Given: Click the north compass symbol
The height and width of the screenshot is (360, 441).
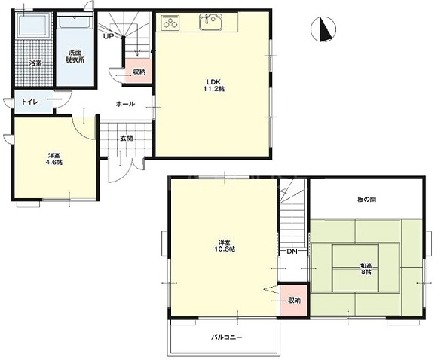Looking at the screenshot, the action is point(323,29).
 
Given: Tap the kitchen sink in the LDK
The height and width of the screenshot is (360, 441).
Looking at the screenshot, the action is point(211,22).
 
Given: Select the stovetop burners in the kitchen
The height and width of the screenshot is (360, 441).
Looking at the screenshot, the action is point(170,22).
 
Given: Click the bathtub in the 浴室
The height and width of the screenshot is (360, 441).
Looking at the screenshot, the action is point(33,25).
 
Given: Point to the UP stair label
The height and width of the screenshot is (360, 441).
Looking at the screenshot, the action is point(109,36).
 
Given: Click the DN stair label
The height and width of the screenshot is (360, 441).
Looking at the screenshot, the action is point(292,252).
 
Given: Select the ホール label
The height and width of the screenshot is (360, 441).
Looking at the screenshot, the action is point(125,104).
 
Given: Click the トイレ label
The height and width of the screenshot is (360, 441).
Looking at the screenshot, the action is point(30,102).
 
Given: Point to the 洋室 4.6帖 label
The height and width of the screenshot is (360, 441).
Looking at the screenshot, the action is point(55,159).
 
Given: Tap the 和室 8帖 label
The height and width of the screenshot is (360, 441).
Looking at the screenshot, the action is point(366,268).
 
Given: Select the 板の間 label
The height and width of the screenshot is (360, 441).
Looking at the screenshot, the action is point(367,200).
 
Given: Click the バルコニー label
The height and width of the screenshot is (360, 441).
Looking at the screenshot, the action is point(227,337).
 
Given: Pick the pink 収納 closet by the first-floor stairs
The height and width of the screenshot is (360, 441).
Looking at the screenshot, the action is point(139,71).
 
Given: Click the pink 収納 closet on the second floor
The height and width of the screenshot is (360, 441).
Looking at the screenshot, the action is point(293,301).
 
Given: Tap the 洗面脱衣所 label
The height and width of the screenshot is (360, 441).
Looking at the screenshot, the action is point(75,56).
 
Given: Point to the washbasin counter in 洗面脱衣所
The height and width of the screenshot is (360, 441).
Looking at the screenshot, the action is point(75,22).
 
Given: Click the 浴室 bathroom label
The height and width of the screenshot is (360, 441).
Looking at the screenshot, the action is point(35,63).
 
